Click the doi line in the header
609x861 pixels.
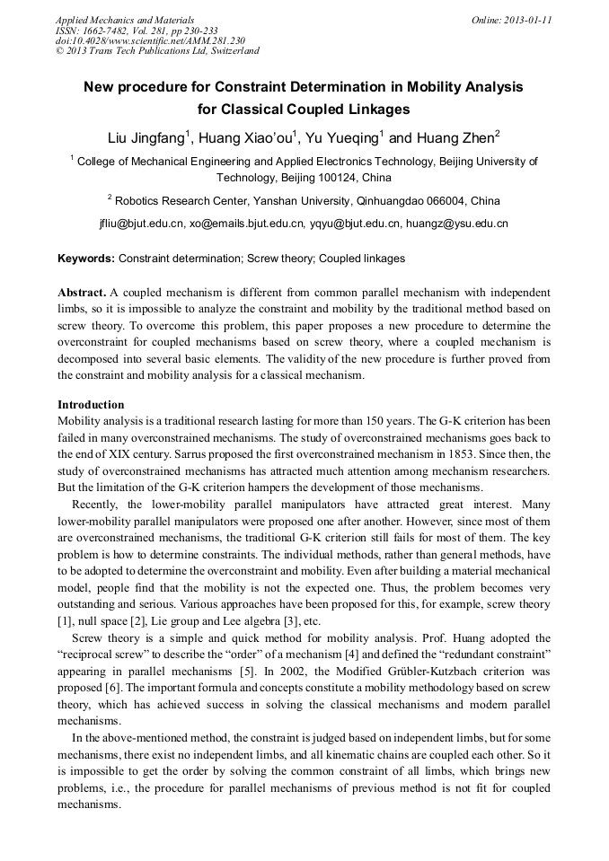pyautogui.click(x=150, y=40)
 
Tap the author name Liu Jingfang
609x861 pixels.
pyautogui.click(x=146, y=138)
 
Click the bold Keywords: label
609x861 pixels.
pyautogui.click(x=86, y=259)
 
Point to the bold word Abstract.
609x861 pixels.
pyautogui.click(x=83, y=294)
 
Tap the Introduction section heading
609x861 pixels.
pyautogui.click(x=91, y=405)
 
